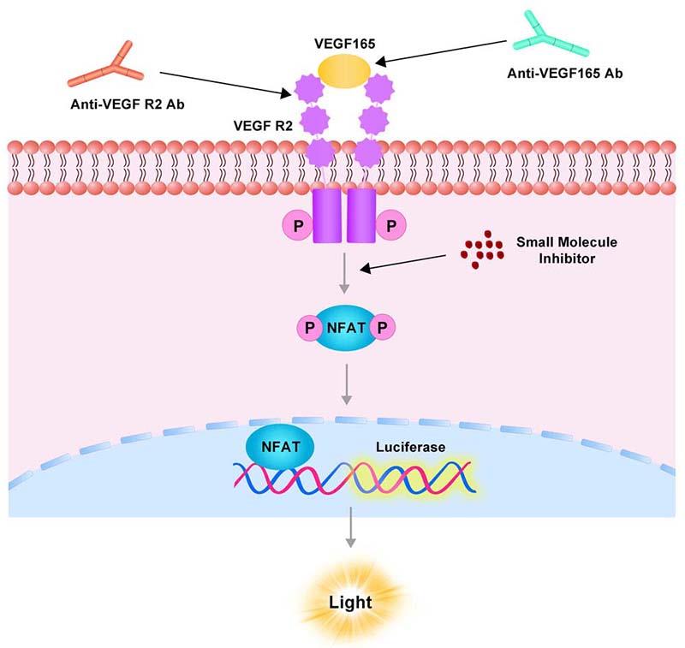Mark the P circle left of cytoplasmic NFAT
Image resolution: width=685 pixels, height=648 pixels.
pyautogui.click(x=307, y=326)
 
